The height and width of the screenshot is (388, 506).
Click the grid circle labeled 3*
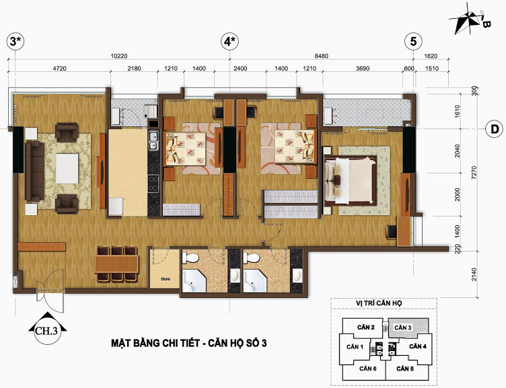15,42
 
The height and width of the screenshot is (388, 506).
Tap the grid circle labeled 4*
229,42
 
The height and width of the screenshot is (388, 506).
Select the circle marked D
494,129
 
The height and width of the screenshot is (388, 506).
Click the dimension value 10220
119,56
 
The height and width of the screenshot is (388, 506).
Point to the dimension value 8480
322,56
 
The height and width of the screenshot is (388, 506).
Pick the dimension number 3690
363,69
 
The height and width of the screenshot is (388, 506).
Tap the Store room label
166,279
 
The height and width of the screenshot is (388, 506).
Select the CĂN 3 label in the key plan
403,327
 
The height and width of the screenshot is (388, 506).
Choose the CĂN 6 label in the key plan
368,368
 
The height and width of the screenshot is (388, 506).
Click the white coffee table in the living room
67,169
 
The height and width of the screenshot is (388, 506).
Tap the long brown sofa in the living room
34,171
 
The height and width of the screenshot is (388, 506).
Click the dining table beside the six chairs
117,264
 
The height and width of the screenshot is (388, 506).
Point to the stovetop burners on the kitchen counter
153,183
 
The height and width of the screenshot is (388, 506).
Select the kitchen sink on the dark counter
153,141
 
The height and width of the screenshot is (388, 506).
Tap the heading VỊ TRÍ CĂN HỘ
379,303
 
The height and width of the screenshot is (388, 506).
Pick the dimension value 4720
59,69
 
